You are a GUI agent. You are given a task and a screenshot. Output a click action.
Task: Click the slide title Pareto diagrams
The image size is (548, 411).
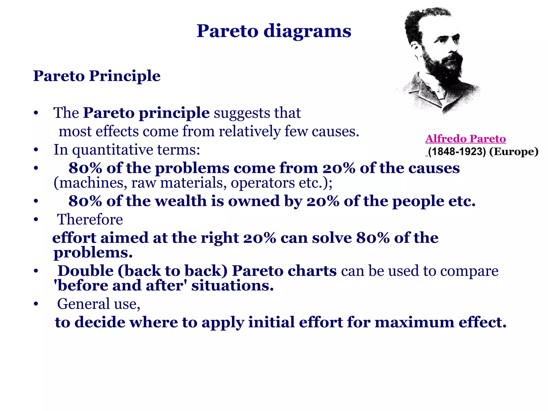274,31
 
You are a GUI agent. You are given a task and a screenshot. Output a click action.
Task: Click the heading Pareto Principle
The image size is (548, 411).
97,76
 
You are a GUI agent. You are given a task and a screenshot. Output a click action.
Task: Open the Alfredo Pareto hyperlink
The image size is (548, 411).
465,139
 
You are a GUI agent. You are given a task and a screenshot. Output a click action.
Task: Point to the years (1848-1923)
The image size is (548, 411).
457,152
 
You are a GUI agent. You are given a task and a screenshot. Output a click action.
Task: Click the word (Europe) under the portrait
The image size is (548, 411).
513,152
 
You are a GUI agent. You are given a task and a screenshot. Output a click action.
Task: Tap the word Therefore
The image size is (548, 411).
90,220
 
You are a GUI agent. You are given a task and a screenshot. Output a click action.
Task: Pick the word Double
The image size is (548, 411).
86,271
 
